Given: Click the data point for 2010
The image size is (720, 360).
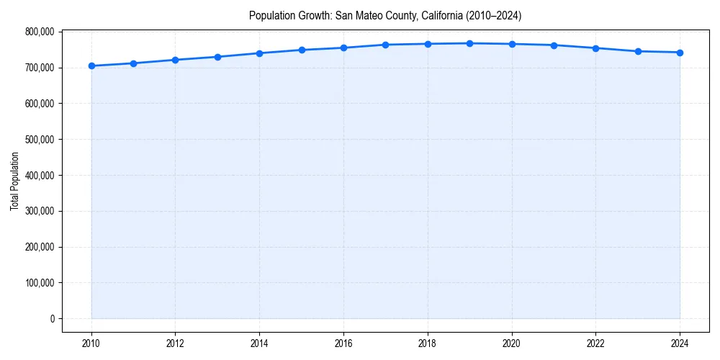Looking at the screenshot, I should point(91,66).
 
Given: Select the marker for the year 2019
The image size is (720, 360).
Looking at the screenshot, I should point(469,43).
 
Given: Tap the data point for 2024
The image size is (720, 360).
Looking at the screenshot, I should point(680,53).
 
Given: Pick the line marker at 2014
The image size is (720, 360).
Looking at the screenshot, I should point(259,53).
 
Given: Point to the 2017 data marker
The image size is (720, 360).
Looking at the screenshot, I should point(385,45).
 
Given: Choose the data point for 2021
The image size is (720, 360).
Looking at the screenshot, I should point(554,45).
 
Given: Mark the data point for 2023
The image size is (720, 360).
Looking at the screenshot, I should point(638,51).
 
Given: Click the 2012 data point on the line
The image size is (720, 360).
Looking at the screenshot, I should point(176,60).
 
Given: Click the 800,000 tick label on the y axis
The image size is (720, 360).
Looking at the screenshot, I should point(39,32).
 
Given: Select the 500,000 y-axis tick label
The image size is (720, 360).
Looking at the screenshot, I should point(39,139).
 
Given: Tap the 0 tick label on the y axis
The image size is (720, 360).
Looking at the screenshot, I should point(51,319).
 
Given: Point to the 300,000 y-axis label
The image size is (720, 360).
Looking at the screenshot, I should point(39,211).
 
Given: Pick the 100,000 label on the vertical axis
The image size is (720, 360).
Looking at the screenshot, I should point(39,283).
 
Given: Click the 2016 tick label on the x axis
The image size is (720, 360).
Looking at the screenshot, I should point(343,343).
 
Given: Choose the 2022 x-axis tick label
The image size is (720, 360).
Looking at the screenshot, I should point(595,343).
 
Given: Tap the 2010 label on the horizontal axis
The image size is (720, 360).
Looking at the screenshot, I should point(91,343).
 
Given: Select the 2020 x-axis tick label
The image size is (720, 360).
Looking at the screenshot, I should point(511,343).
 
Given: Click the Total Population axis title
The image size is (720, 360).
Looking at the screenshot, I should point(14,181).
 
